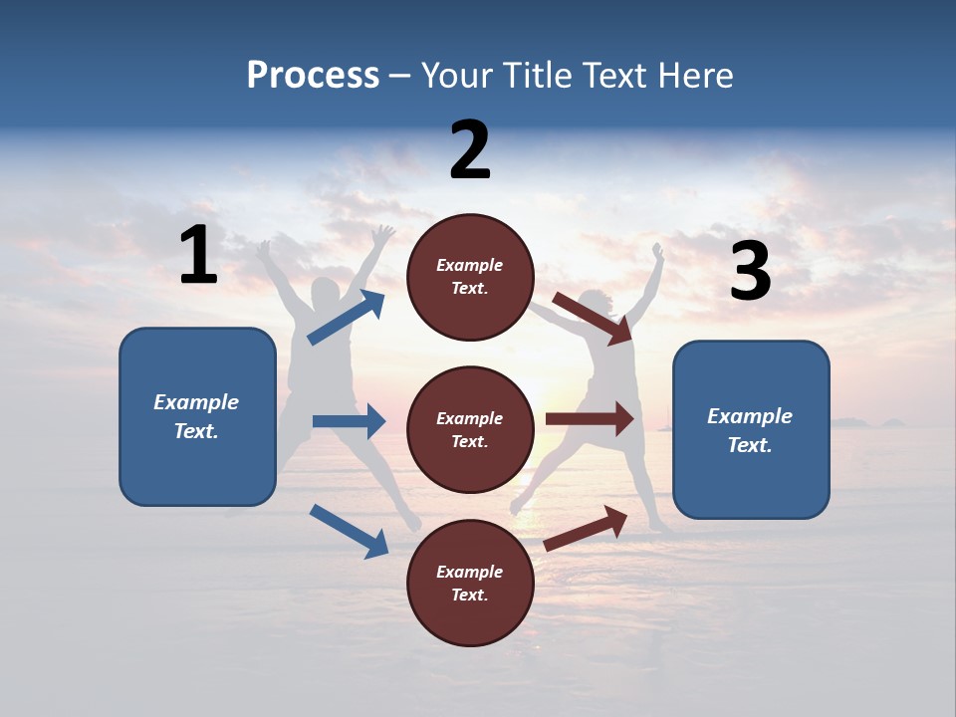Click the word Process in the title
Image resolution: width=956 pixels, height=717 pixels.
[313, 76]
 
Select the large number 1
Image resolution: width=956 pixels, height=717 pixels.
[198, 256]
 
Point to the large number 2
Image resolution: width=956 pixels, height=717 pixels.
[470, 150]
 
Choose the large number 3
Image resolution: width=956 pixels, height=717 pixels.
[750, 272]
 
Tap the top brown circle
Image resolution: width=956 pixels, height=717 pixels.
[470, 277]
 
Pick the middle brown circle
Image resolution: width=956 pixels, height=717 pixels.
[470, 430]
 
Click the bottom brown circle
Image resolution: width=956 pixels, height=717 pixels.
[470, 584]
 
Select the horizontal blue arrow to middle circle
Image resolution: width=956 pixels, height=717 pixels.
[349, 421]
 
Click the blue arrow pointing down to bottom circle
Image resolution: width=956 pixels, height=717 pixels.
[349, 531]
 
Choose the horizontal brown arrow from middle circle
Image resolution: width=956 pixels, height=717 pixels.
[590, 419]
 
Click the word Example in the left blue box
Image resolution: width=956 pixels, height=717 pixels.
[196, 402]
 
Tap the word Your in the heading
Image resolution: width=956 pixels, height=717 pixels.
[457, 76]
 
